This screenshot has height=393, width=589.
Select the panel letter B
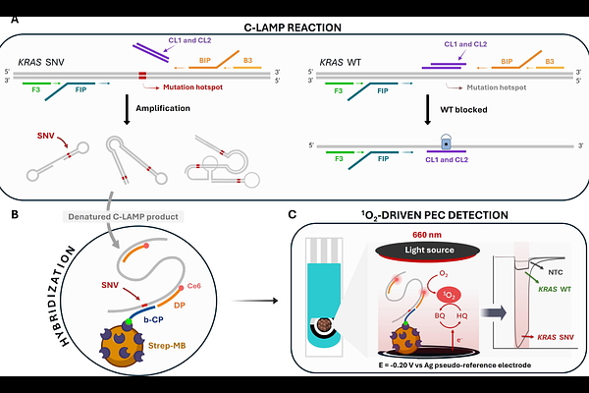click(12, 210)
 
